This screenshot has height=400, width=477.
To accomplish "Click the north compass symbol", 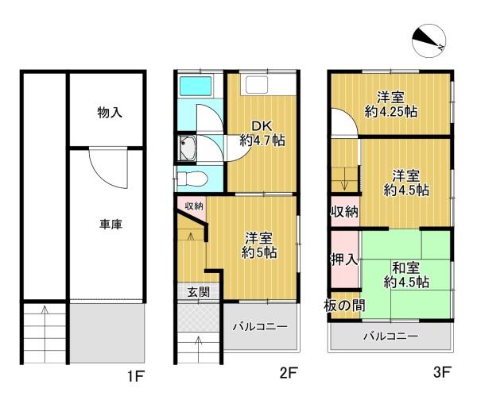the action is pos(429,41).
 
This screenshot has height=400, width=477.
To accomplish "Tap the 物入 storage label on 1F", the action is pos(110,113).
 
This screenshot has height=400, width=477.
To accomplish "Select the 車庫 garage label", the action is pos(111,224).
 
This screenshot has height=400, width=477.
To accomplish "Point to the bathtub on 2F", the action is pos(196,86).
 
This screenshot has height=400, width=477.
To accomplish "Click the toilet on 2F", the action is pos(192,179).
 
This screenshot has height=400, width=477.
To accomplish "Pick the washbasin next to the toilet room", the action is pos(187,148).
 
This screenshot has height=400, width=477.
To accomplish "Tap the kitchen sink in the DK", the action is pos(257,85).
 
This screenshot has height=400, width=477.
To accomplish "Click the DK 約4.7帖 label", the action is pos(262,133).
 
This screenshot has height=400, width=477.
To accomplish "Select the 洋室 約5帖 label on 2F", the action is pos(259,245).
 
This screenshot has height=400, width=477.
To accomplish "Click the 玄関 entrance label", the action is pos(198,292).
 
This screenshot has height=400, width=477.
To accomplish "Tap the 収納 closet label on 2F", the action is pos(194,206).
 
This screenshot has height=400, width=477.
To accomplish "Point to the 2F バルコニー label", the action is pos(260,327).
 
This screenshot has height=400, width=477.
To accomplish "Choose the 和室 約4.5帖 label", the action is pos(406,275).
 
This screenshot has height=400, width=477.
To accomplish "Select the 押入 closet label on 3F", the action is pos(344,260).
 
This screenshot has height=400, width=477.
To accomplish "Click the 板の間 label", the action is pos(344,306).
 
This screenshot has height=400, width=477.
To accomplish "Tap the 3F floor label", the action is pos(442,372).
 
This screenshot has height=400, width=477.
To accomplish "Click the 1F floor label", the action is pos(136,377).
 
